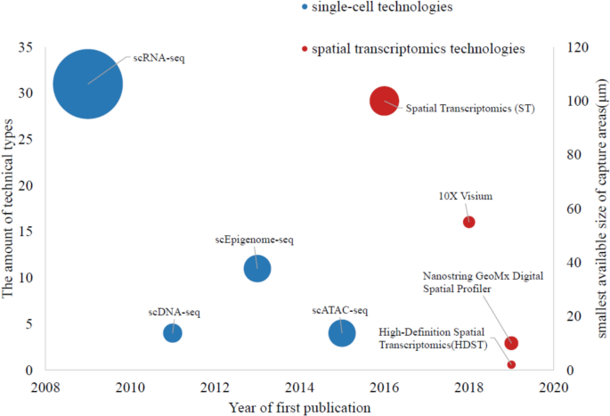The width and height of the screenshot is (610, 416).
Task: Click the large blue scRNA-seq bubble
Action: click(87, 84)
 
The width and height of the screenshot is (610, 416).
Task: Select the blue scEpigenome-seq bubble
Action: click(257, 268)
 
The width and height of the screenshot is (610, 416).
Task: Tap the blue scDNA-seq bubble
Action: click(173, 332)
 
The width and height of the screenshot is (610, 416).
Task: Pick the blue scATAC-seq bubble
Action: click(342, 332)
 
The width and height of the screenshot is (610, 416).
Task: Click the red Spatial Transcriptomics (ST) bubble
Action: click(384, 101)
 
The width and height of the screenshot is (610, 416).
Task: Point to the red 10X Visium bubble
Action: click(469, 222)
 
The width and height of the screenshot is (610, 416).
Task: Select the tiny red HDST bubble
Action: click(511, 364)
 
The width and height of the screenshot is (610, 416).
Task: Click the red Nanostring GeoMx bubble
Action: click(511, 343)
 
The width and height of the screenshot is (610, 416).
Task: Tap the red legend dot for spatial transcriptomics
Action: click(305, 48)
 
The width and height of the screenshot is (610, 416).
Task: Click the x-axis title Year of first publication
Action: click(299, 407)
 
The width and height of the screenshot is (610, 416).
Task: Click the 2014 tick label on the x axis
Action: click(299, 387)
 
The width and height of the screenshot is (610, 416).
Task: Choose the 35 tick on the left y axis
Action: click(27, 46)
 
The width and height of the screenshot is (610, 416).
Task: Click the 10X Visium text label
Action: click(466, 196)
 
